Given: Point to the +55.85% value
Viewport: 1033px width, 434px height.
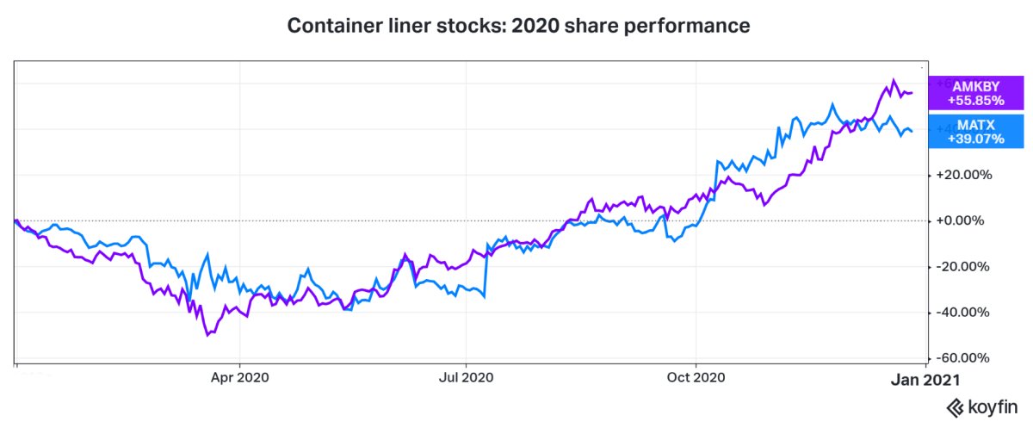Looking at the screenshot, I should pos(976,100).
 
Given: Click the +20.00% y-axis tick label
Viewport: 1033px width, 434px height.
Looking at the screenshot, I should pos(965,175).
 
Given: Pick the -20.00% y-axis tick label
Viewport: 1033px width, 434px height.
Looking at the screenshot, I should pos(965,266).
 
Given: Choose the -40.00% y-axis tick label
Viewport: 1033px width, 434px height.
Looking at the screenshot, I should pos(965,313).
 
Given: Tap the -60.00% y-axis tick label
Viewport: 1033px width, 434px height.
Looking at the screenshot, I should pos(965,358).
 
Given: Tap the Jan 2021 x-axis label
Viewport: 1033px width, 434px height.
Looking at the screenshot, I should pos(923,377).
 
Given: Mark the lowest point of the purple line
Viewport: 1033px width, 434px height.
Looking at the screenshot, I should pos(207,335).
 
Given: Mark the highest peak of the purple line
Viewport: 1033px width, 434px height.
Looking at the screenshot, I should pos(894,80).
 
